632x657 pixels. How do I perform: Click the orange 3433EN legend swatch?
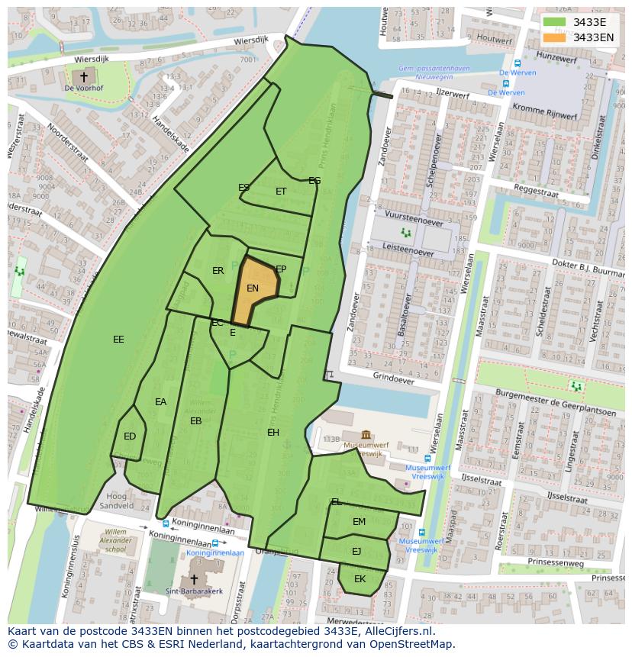click(555, 37)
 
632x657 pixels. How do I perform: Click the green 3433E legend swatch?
click(555, 22)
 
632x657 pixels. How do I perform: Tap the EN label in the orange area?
click(253, 288)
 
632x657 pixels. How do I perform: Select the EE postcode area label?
click(118, 340)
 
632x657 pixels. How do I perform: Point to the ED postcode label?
click(130, 436)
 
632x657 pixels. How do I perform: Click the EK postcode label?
click(360, 579)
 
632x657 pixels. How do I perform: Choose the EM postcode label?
click(359, 522)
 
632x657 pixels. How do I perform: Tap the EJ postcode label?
click(356, 551)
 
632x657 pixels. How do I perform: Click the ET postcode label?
click(281, 192)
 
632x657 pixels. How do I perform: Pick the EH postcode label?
click(273, 433)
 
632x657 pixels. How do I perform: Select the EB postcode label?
click(196, 421)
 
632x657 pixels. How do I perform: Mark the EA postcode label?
click(160, 402)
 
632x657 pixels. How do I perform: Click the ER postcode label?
click(218, 271)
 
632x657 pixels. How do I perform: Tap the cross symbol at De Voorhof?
click(84, 76)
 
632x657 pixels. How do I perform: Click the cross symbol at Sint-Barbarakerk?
click(194, 579)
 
